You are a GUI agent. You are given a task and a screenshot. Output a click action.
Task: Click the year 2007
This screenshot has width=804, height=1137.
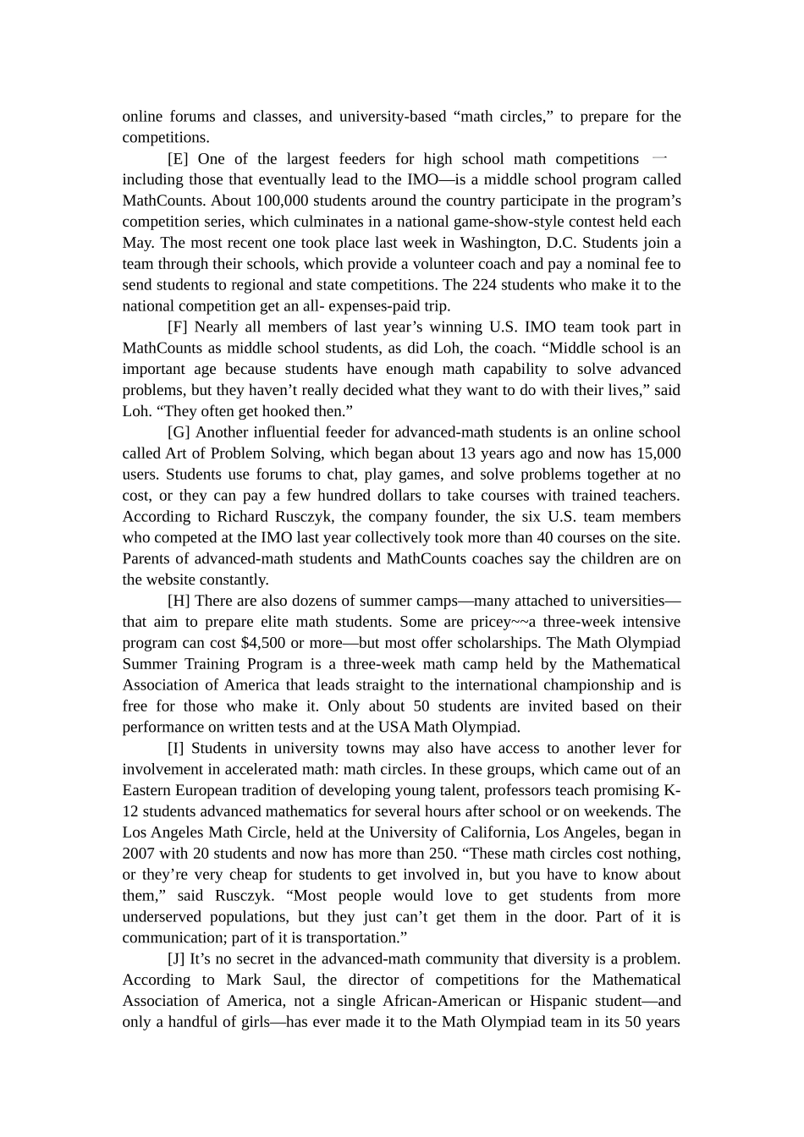coord(138,854)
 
